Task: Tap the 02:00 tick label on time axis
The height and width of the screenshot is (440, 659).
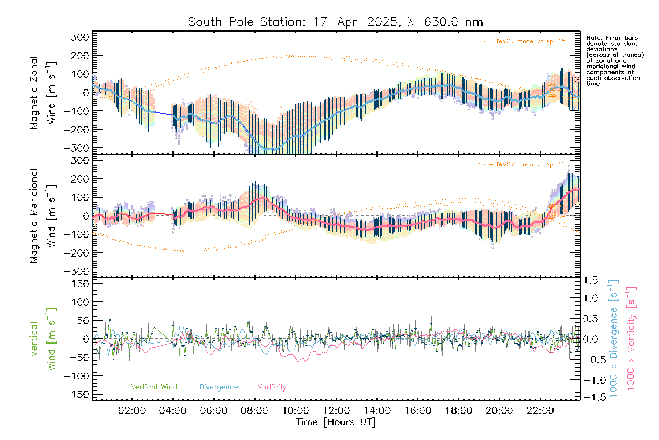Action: coord(132,410)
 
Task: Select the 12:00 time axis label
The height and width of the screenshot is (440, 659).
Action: coord(336,410)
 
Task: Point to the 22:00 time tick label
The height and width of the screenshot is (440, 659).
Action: coord(540,410)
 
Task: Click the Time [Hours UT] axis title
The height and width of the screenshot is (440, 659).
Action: coord(336,422)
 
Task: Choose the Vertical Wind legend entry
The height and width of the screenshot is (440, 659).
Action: coord(154,387)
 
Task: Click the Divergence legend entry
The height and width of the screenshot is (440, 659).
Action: coord(219,387)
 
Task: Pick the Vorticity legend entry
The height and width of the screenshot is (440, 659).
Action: coord(272,387)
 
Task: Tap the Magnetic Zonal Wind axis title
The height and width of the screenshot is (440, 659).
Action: coord(43,93)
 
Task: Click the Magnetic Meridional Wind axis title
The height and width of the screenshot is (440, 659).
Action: coord(43,216)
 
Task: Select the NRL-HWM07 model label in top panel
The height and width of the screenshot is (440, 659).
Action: coord(521,41)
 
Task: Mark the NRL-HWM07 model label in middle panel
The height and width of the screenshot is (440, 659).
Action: coord(521,164)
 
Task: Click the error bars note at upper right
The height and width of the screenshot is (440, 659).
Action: coord(614,60)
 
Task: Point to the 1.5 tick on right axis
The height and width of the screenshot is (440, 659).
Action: coord(590,280)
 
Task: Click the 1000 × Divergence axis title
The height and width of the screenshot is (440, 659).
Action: coord(614,339)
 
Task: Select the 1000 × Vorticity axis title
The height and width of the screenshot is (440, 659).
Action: coord(631,339)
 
